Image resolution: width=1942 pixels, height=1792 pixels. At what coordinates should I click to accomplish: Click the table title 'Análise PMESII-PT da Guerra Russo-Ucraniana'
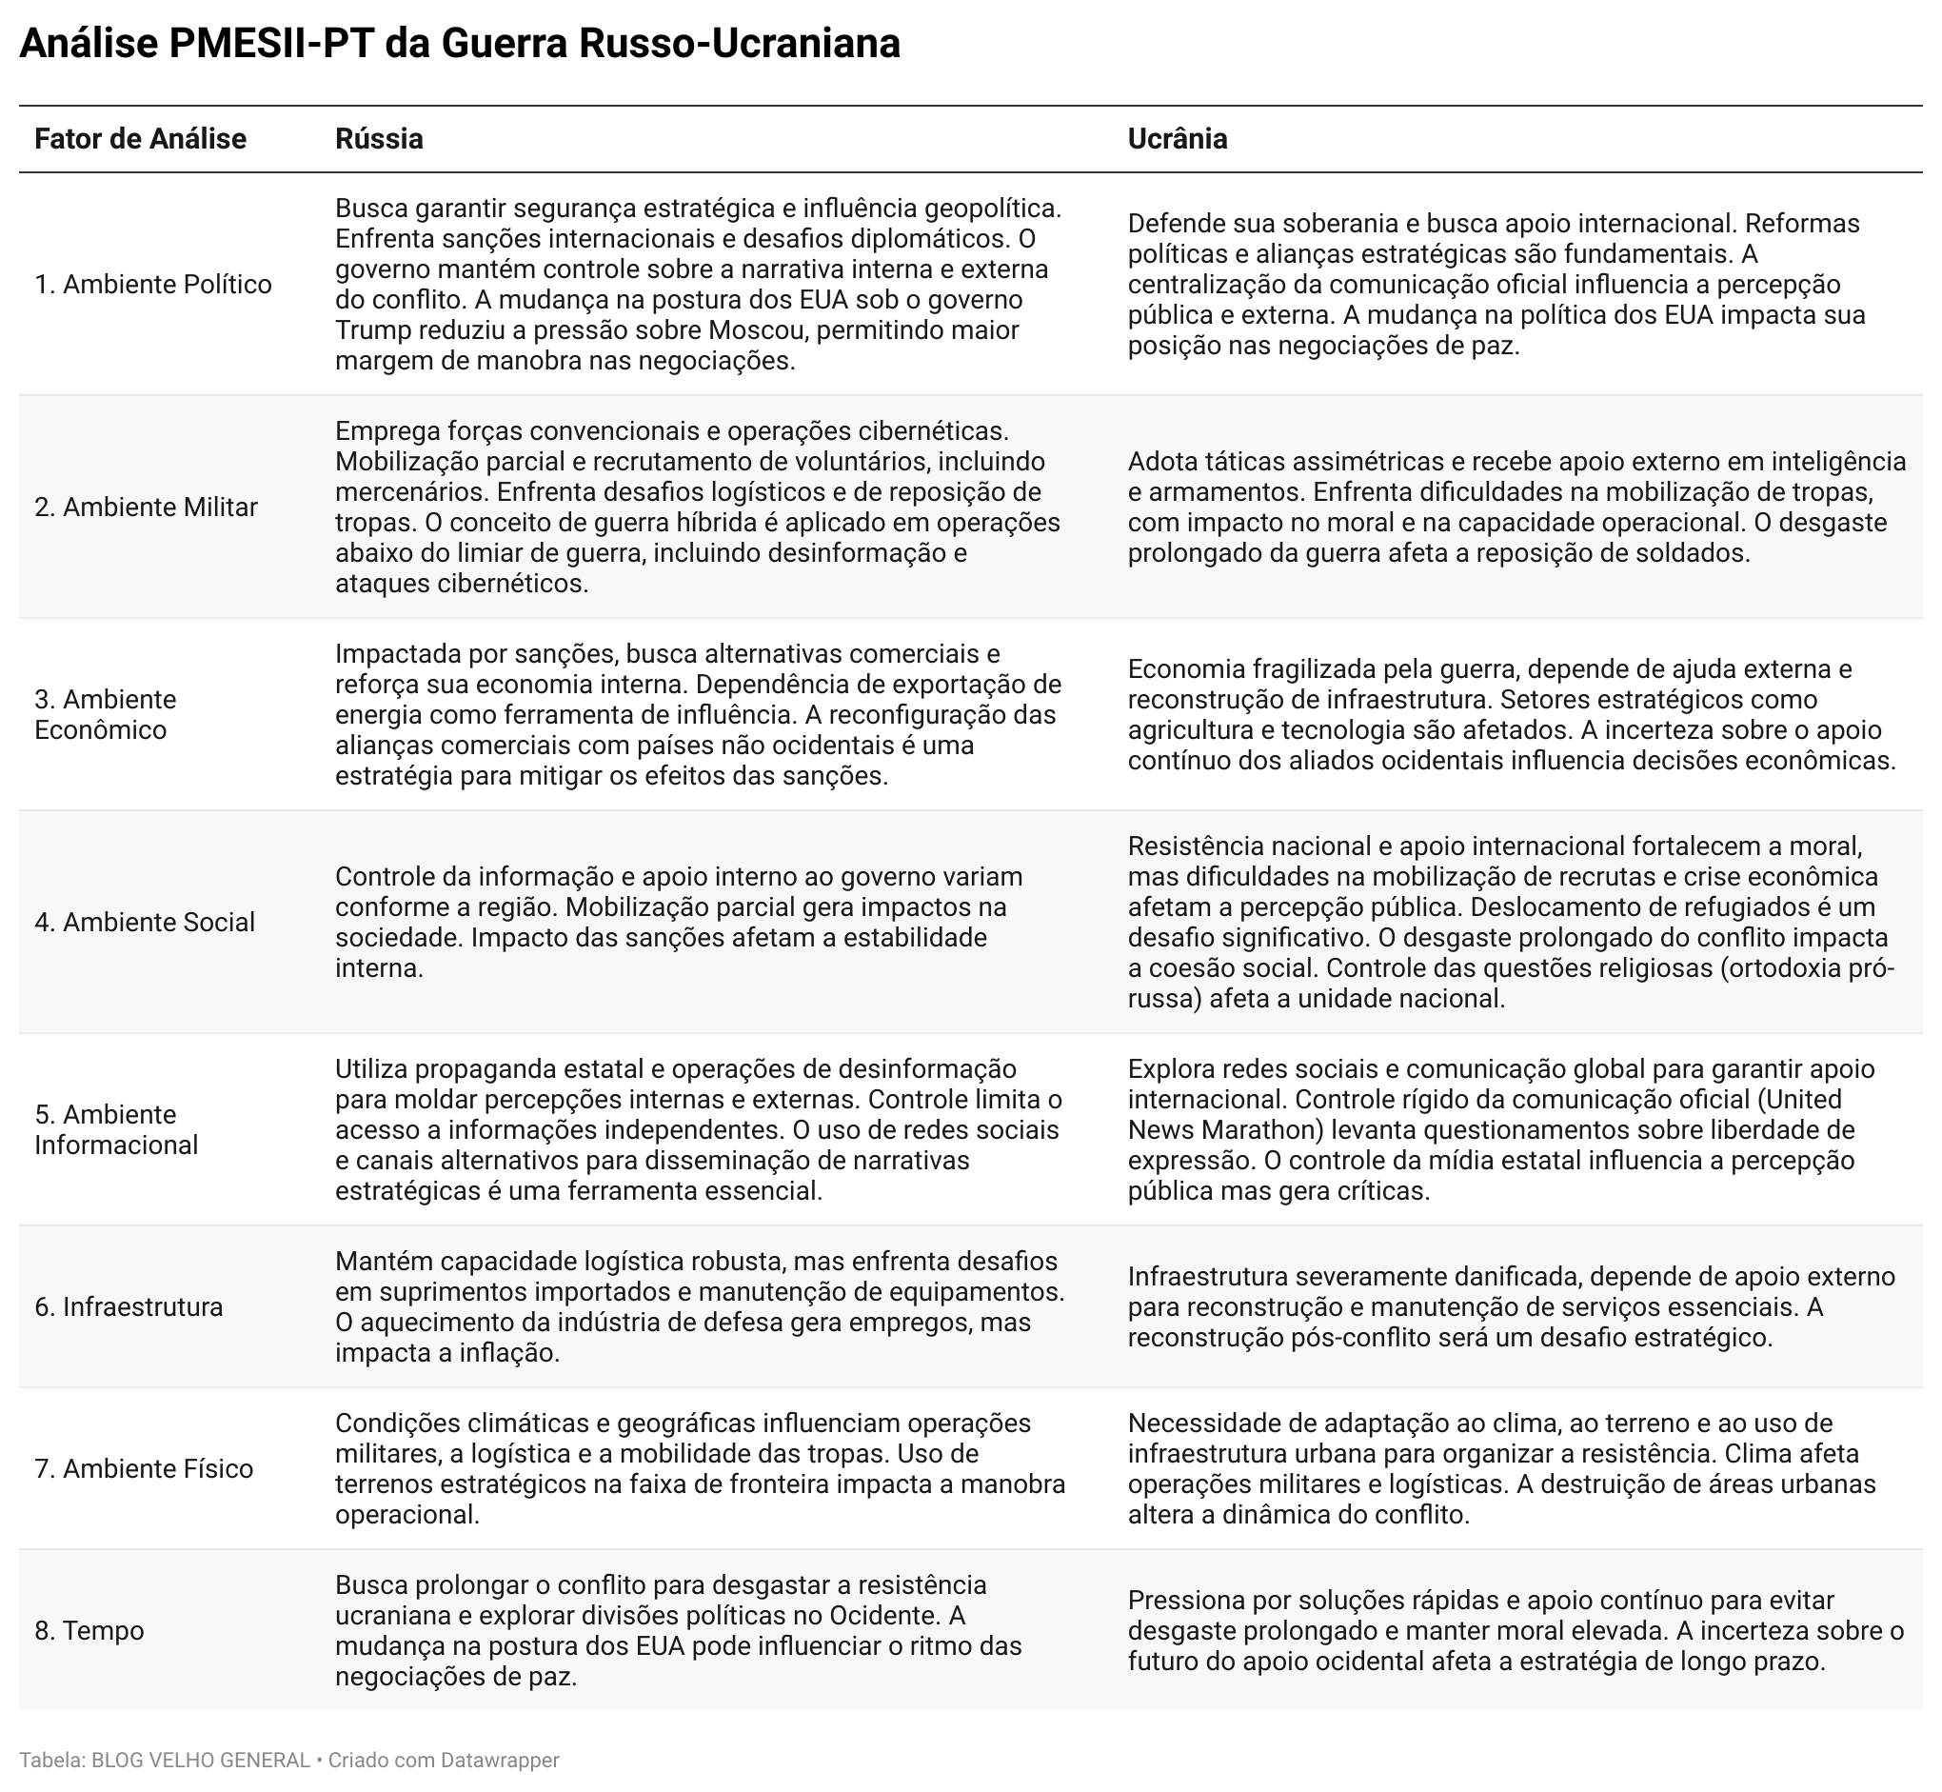460,45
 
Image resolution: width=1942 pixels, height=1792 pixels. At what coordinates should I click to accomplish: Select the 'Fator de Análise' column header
141,139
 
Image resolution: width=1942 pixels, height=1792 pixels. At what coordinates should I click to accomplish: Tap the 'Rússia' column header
379,139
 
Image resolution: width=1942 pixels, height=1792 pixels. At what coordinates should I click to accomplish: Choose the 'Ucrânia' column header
1177,139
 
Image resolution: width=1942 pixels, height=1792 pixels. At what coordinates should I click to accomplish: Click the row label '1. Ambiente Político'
153,284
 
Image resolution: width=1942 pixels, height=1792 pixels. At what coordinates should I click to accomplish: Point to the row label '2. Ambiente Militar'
146,507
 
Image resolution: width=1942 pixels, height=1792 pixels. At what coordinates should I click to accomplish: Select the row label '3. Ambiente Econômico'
105,714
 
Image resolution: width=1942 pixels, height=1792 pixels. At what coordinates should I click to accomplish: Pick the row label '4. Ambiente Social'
145,921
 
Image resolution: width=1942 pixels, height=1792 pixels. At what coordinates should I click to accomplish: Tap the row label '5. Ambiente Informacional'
115,1128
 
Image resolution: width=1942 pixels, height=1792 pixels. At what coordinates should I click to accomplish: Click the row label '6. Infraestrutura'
128,1306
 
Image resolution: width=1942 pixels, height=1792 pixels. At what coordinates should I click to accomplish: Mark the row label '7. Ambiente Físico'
144,1468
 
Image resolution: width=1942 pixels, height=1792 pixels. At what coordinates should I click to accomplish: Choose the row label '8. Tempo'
89,1630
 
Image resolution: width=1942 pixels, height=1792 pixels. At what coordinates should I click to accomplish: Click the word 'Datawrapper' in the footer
500,1759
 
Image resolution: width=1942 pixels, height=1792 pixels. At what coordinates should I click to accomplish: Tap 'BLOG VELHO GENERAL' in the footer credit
201,1759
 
